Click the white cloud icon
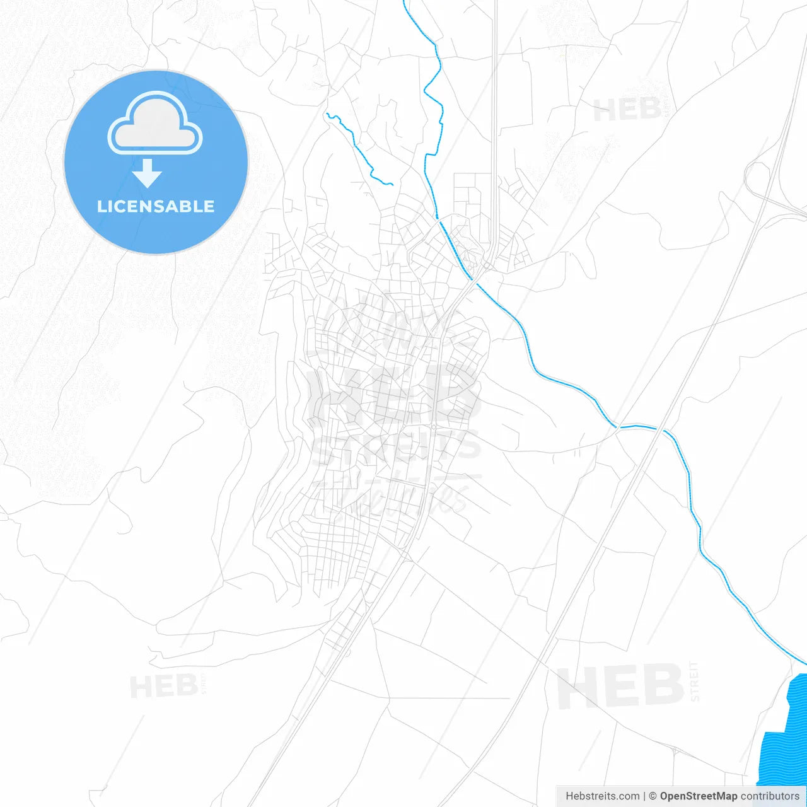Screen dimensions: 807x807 click(155, 124)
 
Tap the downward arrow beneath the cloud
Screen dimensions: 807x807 click(148, 173)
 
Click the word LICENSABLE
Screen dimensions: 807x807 click(156, 206)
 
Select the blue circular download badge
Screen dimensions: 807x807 click(156, 162)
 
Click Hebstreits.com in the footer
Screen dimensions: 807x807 click(602, 796)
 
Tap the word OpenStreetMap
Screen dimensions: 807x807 click(698, 796)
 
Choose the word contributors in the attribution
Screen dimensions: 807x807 click(770, 796)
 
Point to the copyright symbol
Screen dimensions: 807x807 click(653, 796)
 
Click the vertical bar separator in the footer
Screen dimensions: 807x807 click(644, 796)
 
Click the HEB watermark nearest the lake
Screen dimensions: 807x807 click(620, 687)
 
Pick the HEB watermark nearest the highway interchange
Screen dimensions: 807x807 click(627, 110)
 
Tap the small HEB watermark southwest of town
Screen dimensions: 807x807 click(164, 686)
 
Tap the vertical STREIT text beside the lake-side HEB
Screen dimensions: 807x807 click(694, 681)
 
